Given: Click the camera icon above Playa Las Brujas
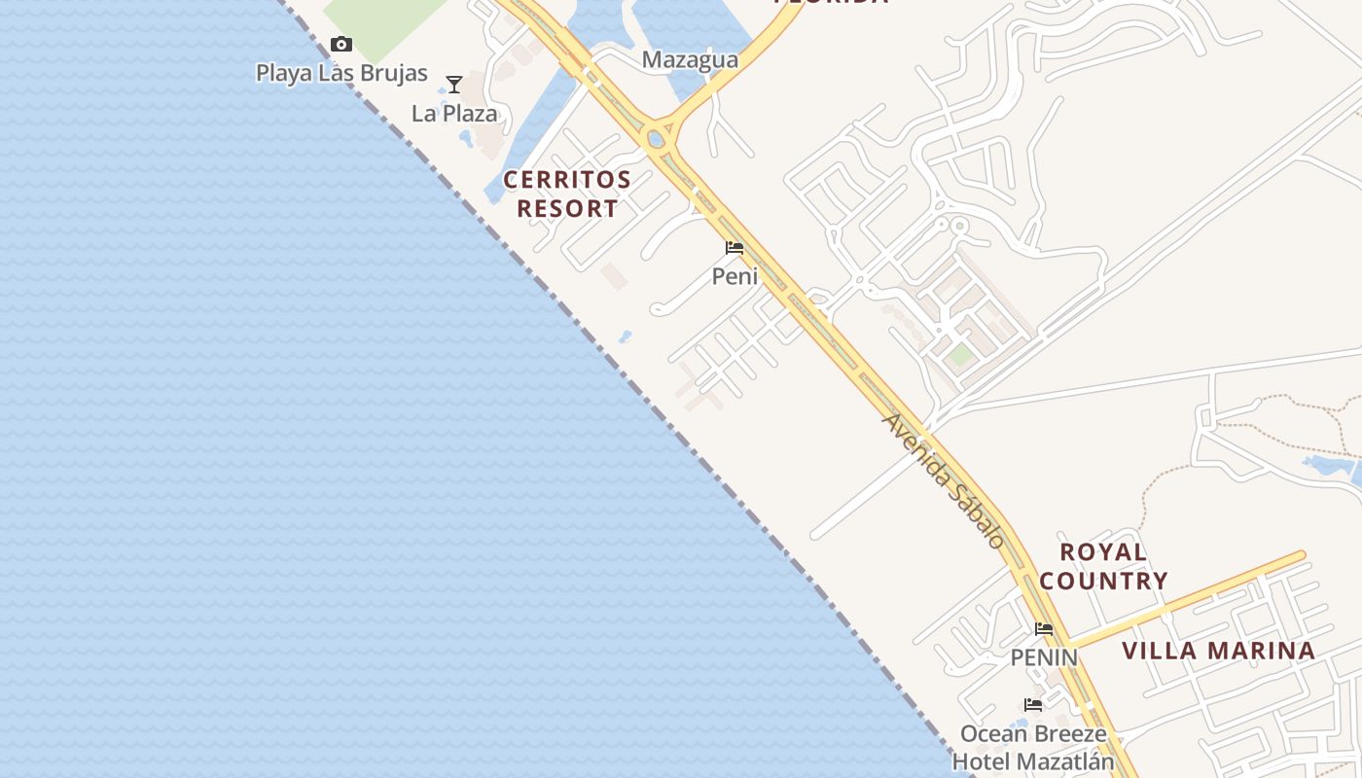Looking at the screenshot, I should (x=340, y=44).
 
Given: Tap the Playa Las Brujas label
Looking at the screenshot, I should (x=341, y=73).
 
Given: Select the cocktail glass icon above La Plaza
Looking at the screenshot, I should (x=453, y=85).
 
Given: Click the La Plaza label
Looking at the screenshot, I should (x=454, y=114).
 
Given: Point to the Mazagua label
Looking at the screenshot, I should (x=690, y=60).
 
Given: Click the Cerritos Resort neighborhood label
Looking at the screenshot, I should (x=567, y=194).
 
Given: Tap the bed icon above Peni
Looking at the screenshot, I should (x=735, y=248).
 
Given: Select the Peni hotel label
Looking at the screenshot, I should (x=735, y=276).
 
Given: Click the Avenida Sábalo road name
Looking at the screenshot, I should (x=942, y=480).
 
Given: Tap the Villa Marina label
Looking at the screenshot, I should (x=1219, y=651).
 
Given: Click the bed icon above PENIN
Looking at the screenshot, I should (x=1044, y=629).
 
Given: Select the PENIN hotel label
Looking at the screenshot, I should (x=1044, y=657).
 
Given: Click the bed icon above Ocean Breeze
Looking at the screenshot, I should (x=1033, y=704).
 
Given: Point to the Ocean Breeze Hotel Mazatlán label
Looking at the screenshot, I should (x=1033, y=746).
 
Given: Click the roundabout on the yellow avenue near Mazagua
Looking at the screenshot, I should (x=658, y=139).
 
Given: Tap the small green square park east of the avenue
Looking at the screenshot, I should (x=961, y=355).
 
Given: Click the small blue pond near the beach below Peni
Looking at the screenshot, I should (x=625, y=337).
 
